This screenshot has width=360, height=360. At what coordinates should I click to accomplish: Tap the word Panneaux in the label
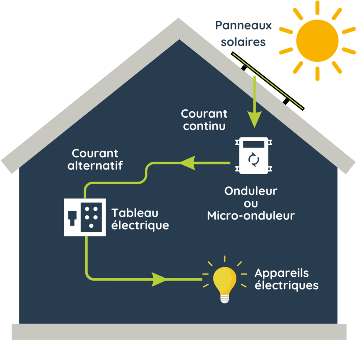pos(243,26)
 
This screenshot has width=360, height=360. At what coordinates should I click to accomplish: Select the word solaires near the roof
pos(243,42)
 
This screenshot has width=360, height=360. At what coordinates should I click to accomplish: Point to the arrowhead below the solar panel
pos(254,119)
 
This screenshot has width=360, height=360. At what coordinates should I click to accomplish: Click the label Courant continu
pos(204,120)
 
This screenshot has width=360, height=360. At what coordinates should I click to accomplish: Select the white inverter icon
pos(254,156)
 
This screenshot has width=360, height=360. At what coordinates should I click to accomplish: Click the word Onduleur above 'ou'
pos(251,191)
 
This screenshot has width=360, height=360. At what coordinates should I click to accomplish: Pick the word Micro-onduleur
pos(251,216)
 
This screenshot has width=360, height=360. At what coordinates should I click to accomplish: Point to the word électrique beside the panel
pos(140,226)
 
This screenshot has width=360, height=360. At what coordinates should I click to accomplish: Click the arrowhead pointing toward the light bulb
pos(160,279)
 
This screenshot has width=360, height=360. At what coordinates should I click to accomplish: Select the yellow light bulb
pos(224,280)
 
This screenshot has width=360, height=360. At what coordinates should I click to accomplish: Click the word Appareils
pos(282,273)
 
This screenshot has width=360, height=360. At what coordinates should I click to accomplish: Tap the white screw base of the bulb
pos(225,298)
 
